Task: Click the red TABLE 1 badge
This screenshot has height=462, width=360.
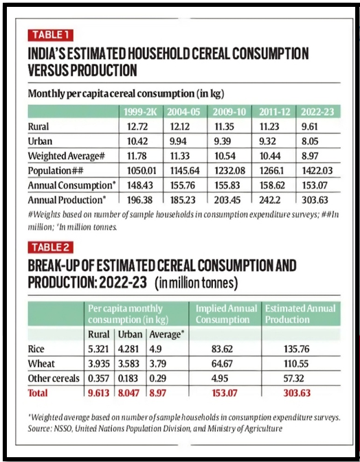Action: (50, 35)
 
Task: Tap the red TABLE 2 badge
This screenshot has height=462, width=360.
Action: (50, 248)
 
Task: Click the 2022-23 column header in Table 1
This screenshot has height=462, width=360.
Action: (317, 112)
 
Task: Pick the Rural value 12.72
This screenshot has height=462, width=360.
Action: (137, 127)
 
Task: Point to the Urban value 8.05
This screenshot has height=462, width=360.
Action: (310, 141)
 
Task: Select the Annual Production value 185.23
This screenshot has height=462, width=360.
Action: (183, 200)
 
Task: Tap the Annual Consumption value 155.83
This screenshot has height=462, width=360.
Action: (227, 185)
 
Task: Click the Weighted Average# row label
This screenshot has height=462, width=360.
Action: (67, 156)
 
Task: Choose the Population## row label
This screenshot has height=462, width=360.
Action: (56, 171)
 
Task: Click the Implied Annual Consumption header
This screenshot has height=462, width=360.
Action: (226, 314)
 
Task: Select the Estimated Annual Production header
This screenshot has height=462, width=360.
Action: (300, 314)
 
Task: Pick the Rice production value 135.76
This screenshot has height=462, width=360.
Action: (296, 349)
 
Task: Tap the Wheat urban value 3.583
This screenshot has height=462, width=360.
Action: (128, 364)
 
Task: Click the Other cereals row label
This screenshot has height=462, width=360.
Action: (54, 379)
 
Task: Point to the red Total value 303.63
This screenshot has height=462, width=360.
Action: (297, 393)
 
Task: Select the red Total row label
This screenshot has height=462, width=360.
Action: (38, 393)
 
